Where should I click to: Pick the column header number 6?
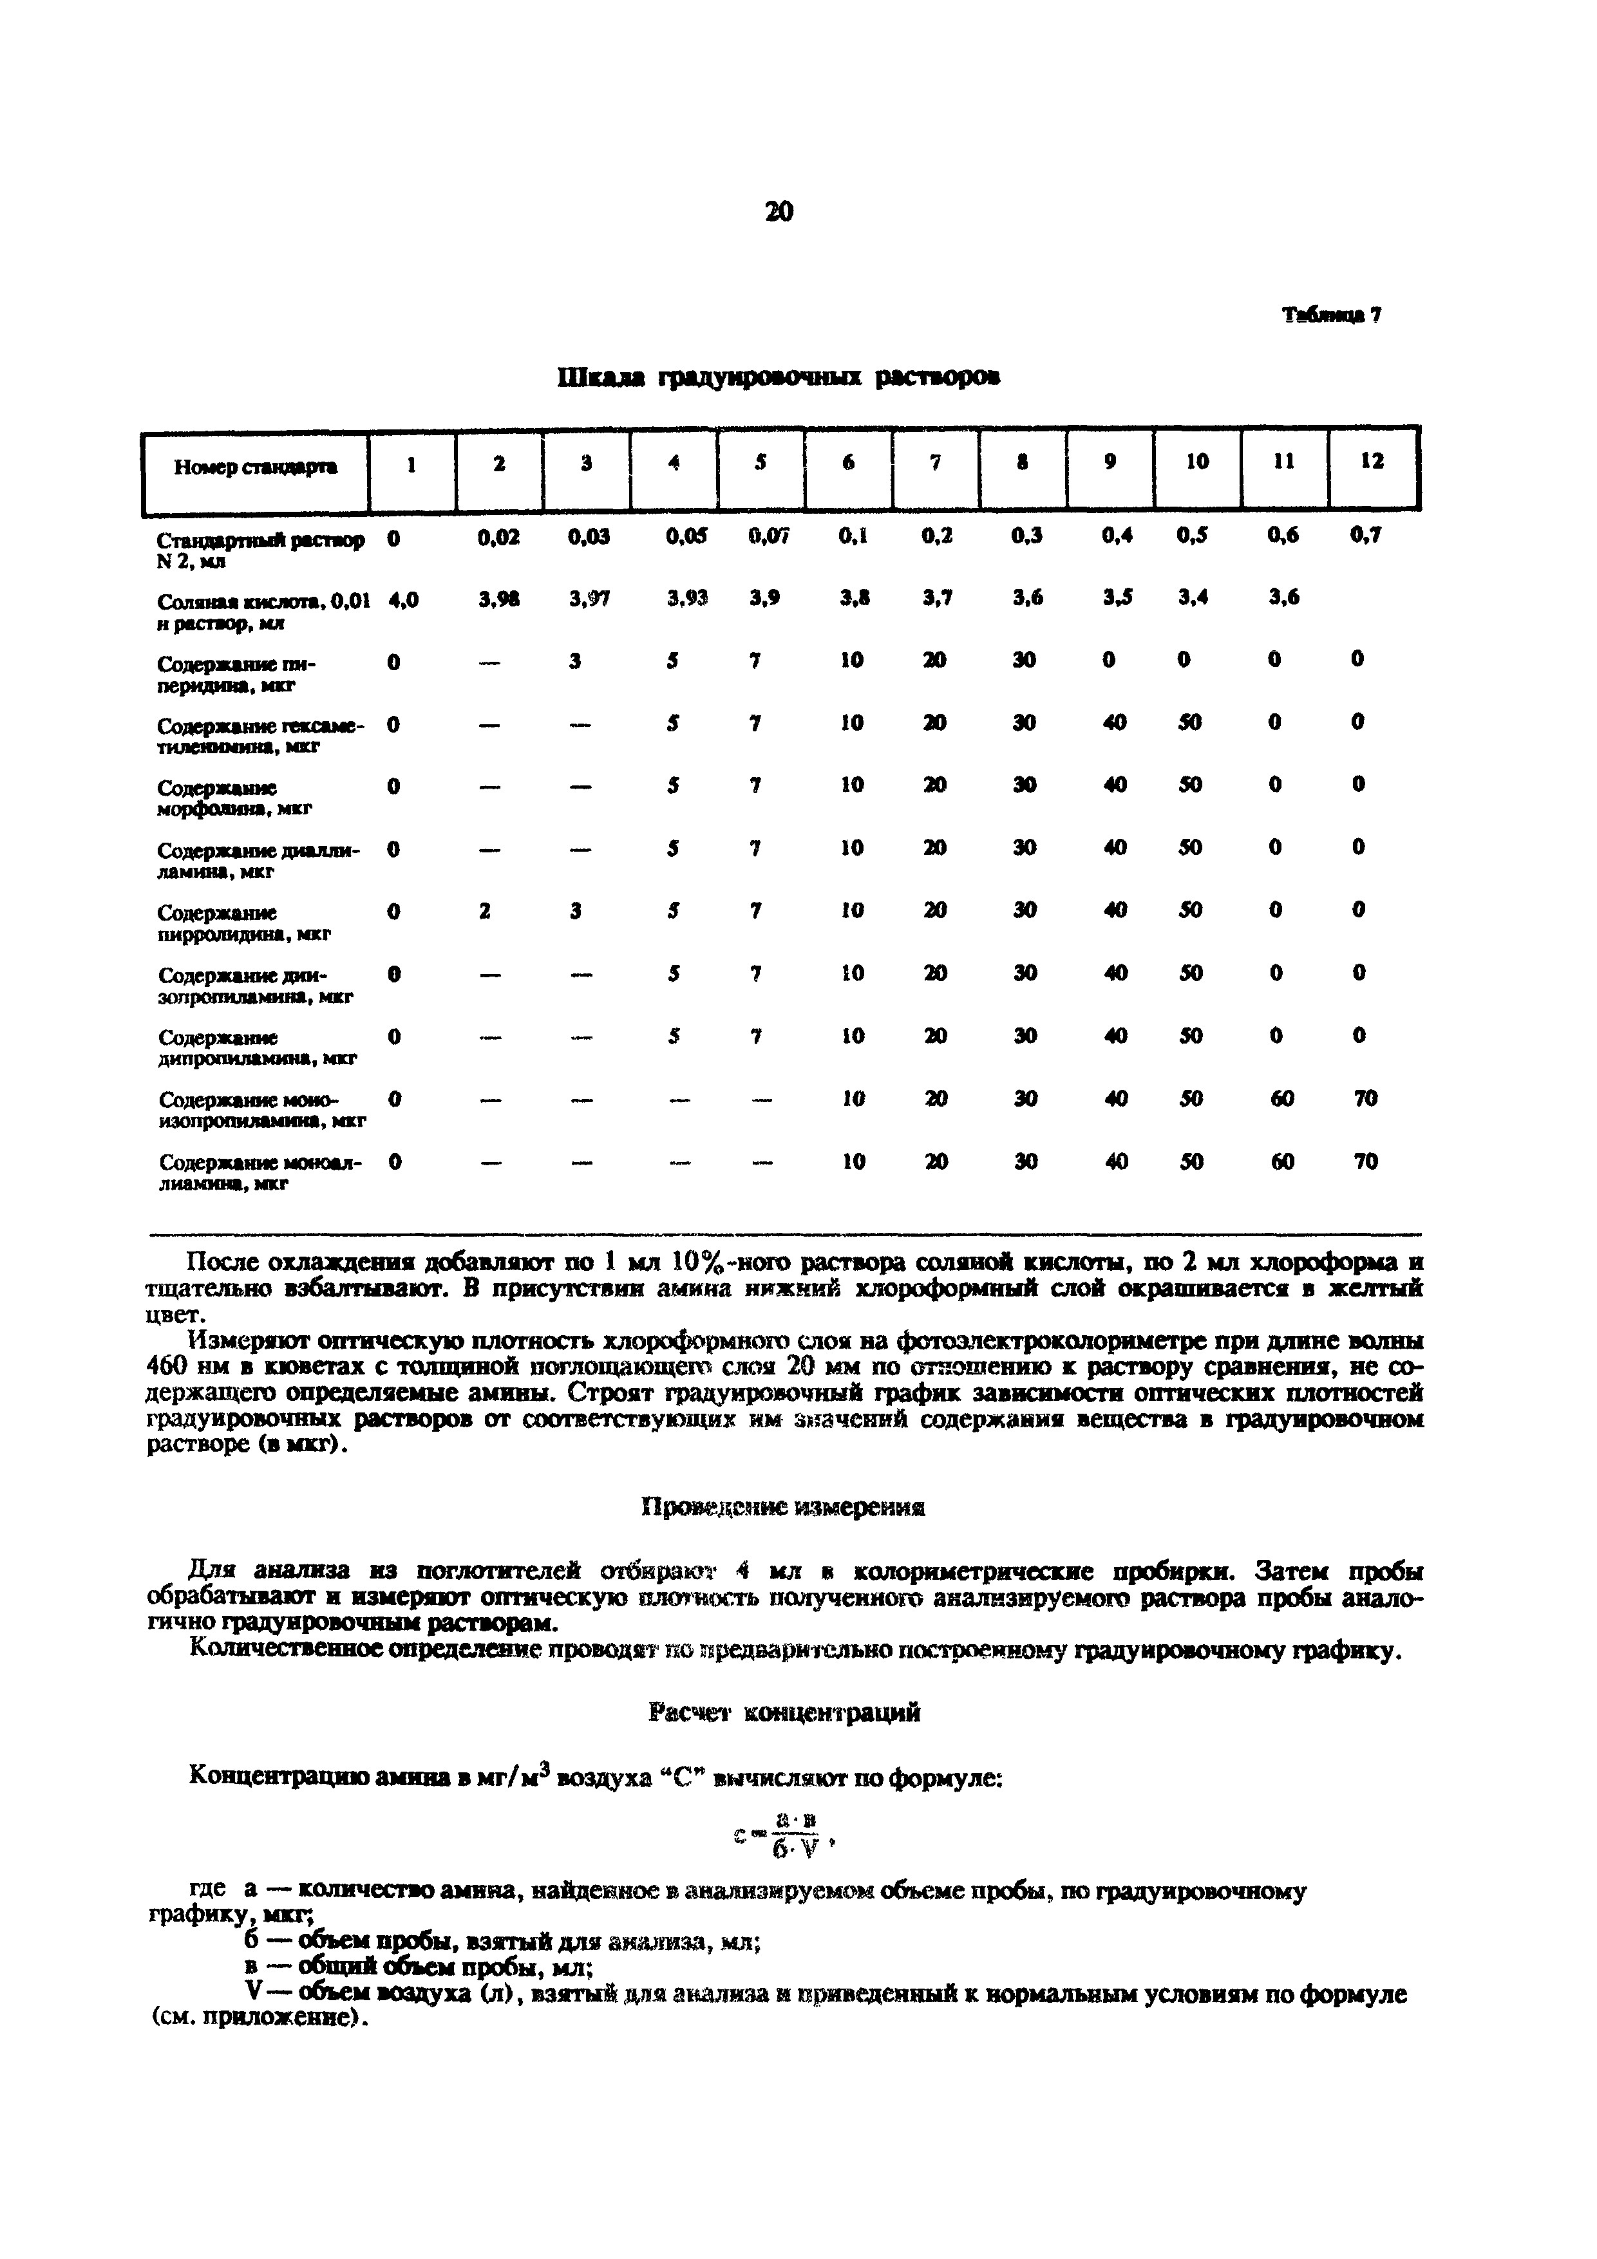tap(848, 462)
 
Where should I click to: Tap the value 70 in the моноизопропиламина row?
tap(1365, 1099)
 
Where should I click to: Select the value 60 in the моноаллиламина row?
tap(1282, 1162)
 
